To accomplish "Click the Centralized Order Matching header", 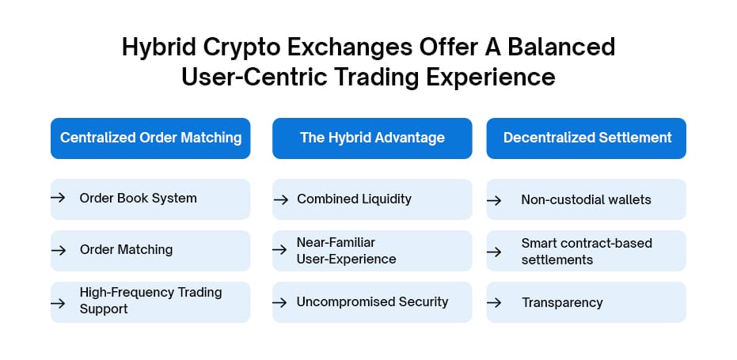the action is tap(150, 138).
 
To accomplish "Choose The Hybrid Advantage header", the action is tap(372, 138).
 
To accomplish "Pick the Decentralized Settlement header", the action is tap(586, 138).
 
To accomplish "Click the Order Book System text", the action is tap(139, 199).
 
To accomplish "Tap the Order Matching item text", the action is tap(126, 249).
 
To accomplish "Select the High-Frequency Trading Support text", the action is tap(150, 301).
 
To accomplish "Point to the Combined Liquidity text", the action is tap(354, 199).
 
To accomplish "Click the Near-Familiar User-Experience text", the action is tap(347, 251).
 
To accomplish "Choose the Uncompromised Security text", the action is tap(372, 301).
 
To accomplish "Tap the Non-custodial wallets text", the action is tap(586, 199).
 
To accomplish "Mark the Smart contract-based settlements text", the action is tap(587, 252).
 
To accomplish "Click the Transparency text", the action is tap(562, 303).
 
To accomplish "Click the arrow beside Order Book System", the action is tap(59, 197).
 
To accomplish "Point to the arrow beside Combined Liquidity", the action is tap(280, 199).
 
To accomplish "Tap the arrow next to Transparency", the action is tap(494, 303).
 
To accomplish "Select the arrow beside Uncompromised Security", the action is tap(279, 302).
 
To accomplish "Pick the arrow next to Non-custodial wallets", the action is tap(494, 200).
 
